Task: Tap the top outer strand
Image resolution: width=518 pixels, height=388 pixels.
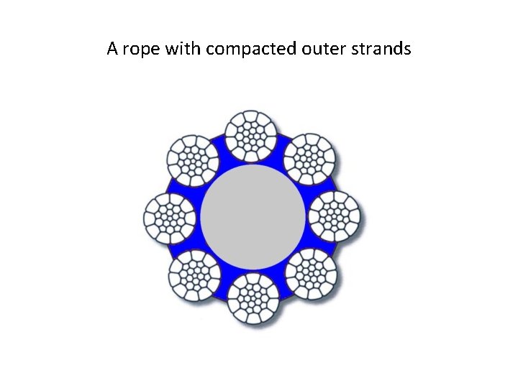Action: coord(251,135)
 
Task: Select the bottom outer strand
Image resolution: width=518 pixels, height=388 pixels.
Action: coord(253,297)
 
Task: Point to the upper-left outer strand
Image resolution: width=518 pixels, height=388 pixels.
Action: coord(193,160)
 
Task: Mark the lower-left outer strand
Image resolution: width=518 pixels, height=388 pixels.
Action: coord(195,274)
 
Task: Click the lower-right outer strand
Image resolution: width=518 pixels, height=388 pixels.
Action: coord(312,273)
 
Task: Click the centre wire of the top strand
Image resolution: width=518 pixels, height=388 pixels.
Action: coord(251,135)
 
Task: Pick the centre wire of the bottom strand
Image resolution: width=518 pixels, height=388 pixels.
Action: coord(253,297)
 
